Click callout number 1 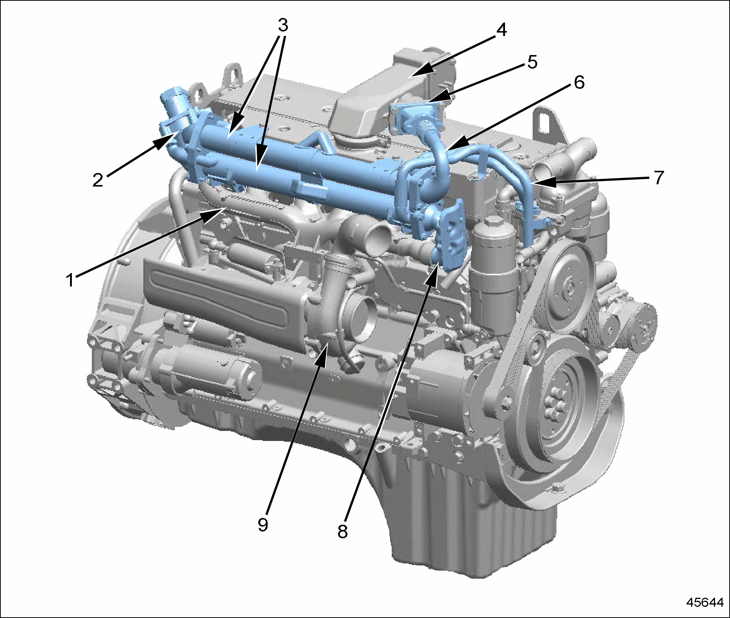pos(70,279)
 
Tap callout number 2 pos(98,180)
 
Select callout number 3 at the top pos(283,25)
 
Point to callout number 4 pos(501,30)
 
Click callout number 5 pos(532,62)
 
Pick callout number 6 pos(579,82)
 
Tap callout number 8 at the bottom pos(343,531)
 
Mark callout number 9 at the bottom pos(263,524)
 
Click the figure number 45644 pos(705,602)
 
